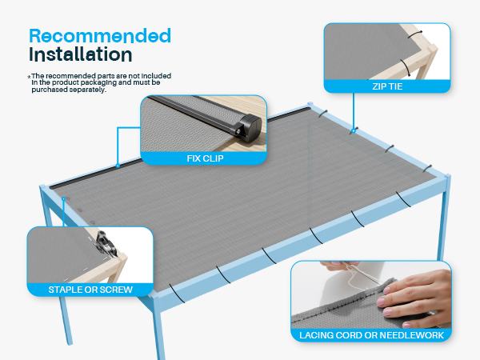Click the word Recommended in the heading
(x=100, y=36)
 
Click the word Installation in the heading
(x=81, y=54)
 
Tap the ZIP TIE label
(x=387, y=86)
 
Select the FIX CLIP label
(x=205, y=158)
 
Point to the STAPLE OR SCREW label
(x=90, y=290)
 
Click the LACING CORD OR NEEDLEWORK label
(x=371, y=335)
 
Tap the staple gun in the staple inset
(x=106, y=243)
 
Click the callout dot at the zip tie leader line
(x=354, y=131)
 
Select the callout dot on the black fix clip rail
(x=118, y=166)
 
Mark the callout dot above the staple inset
(x=64, y=199)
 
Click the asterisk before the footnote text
(x=29, y=77)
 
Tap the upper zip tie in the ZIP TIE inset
(x=415, y=34)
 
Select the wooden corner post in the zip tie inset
(x=427, y=62)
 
